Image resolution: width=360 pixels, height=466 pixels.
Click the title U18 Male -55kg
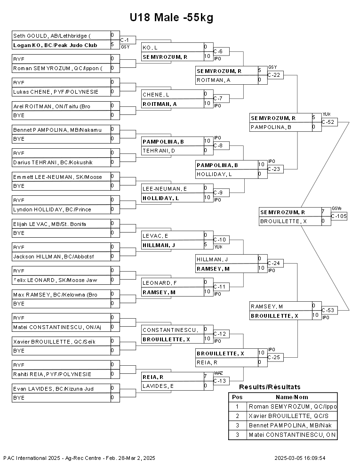click(172, 18)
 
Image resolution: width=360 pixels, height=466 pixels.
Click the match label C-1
click(125, 40)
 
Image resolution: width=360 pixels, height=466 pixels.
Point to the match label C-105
click(338, 216)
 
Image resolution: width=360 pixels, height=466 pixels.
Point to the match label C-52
click(328, 122)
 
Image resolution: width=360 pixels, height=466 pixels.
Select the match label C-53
click(328, 310)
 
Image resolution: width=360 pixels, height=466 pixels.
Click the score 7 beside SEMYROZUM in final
click(323, 212)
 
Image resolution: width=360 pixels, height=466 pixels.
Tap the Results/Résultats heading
click(270, 387)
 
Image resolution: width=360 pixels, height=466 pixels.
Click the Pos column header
click(237, 397)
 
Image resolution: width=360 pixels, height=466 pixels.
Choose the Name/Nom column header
click(292, 397)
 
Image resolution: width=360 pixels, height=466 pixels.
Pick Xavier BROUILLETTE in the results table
click(292, 416)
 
